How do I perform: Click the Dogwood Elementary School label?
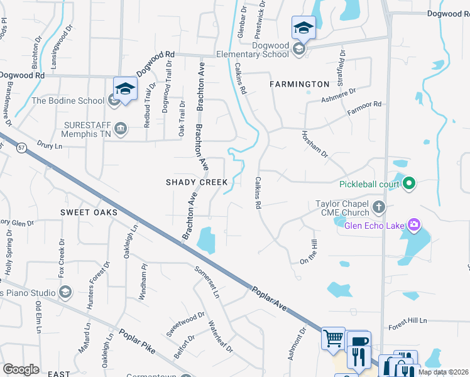point(270,50)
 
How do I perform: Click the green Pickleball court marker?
point(409,184)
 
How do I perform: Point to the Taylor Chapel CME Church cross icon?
point(378,206)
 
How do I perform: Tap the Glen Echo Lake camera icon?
point(413,224)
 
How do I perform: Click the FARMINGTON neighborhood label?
point(299,84)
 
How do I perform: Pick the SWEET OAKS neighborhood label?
point(89,212)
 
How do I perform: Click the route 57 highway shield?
point(22,147)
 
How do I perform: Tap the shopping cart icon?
point(333,338)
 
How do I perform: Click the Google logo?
point(21,369)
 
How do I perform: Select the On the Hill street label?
point(307,252)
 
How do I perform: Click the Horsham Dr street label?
point(315,145)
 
